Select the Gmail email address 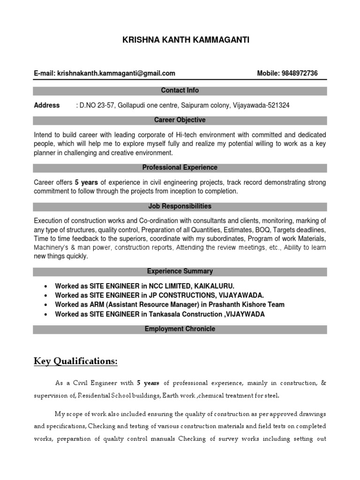[x=116, y=73]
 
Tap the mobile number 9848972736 [x=300, y=73]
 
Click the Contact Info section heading [x=180, y=90]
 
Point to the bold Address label [x=47, y=105]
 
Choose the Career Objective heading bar [x=180, y=120]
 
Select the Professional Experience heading [x=180, y=167]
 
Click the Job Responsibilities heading [x=180, y=206]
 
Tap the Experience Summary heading [x=180, y=271]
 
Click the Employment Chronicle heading [x=180, y=329]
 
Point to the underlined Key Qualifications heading [x=75, y=361]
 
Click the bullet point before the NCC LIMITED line [x=45, y=286]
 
